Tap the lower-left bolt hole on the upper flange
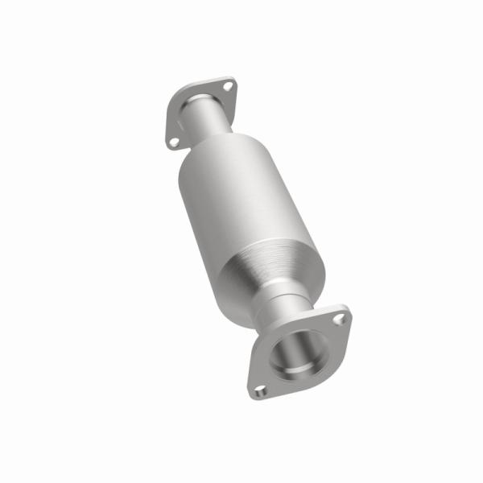pos(175,142)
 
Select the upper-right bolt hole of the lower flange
pos(340,319)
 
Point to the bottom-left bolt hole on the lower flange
pos(259,392)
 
